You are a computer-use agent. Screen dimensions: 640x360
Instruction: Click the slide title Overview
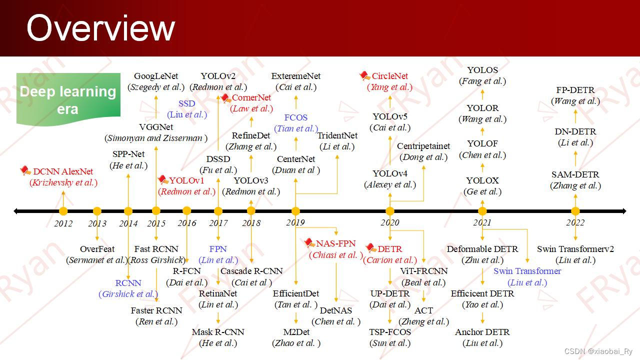click(x=100, y=28)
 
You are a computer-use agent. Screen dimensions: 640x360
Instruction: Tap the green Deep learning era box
click(x=68, y=99)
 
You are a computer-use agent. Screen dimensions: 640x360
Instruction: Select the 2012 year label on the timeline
click(x=63, y=223)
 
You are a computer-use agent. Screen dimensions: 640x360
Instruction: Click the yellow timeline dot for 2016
click(x=187, y=211)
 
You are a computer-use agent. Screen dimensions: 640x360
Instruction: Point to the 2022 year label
click(x=575, y=223)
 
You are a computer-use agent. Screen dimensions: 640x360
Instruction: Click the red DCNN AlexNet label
click(x=63, y=171)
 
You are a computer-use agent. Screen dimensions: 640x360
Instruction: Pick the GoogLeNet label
click(x=156, y=76)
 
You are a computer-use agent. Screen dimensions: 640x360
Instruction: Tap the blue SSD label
click(x=187, y=103)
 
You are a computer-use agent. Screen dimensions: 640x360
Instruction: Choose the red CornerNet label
click(x=251, y=97)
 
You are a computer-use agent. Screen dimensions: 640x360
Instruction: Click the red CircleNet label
click(x=390, y=76)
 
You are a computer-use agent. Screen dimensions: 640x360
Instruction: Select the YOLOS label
click(x=482, y=70)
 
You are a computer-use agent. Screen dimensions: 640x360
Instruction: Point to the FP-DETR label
click(x=575, y=90)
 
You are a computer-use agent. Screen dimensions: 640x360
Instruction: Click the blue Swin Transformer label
click(x=527, y=271)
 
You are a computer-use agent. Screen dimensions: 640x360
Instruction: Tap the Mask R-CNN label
click(x=218, y=332)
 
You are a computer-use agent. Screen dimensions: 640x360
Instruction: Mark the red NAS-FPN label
click(x=335, y=244)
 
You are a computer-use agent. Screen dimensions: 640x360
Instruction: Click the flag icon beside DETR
click(x=370, y=248)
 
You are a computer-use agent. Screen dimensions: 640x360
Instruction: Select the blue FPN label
click(x=218, y=249)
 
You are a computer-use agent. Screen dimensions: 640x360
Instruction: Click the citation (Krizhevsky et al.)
click(x=63, y=182)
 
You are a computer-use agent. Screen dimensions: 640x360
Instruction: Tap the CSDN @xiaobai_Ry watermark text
click(x=598, y=351)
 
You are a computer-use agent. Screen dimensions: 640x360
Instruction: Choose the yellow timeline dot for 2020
click(x=390, y=211)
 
